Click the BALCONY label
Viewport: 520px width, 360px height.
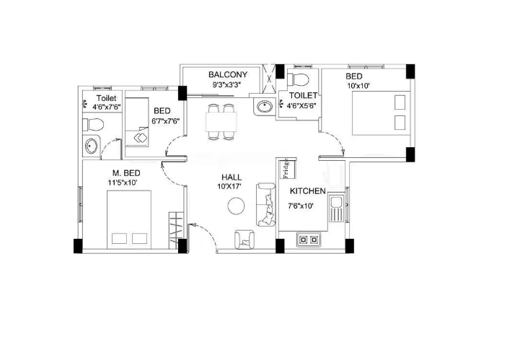(x=228, y=74)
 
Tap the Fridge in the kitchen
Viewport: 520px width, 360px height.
(x=288, y=168)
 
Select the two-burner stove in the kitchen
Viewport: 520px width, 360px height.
(x=309, y=240)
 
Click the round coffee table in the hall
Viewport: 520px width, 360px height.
(x=236, y=206)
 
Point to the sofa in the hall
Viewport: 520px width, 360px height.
(x=265, y=204)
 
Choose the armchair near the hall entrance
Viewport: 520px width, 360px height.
(x=244, y=240)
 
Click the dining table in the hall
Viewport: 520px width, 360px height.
(x=221, y=122)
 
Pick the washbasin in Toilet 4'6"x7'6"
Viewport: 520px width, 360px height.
(x=91, y=146)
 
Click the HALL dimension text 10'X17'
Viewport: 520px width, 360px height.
(x=229, y=186)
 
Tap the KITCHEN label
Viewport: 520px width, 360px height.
(x=308, y=191)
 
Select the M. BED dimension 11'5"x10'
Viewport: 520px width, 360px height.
(x=123, y=182)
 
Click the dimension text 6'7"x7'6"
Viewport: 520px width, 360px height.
(x=165, y=121)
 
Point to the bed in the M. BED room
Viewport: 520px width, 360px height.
(x=129, y=219)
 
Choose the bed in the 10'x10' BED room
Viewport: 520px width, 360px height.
(x=382, y=113)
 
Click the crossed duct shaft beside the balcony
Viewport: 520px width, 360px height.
(x=269, y=79)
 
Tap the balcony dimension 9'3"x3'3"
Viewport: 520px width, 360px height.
(x=227, y=84)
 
